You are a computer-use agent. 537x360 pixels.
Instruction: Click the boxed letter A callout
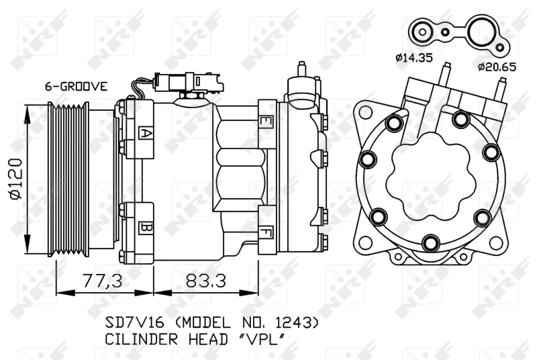[144, 132]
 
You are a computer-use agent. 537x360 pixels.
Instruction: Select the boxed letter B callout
[144, 228]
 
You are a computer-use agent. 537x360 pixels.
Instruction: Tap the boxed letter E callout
[266, 122]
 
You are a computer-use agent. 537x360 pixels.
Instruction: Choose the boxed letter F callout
[266, 234]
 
